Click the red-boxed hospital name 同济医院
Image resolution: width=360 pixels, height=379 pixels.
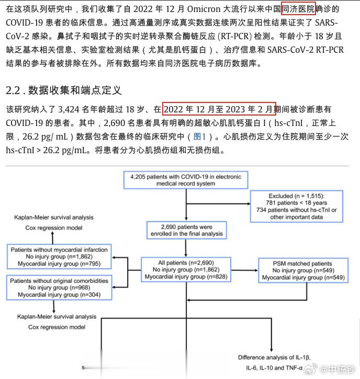coord(298,9)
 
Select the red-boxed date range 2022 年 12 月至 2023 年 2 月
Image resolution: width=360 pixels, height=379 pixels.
coord(219,109)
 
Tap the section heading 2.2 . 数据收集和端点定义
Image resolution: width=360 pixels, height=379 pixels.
coord(64,90)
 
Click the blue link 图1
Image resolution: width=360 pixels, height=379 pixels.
coord(199,136)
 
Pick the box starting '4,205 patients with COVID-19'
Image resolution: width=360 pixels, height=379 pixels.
coord(186,180)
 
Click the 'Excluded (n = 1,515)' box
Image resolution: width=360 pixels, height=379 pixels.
coord(297,206)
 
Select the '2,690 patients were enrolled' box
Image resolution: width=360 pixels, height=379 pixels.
coord(187,230)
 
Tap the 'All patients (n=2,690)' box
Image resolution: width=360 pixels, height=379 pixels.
coord(186,270)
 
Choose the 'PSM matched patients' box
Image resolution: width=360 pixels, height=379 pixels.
coord(303,270)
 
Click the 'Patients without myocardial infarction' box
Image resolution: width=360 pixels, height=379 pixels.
coord(59,257)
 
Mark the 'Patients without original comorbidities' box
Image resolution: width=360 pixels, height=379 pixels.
coord(59,288)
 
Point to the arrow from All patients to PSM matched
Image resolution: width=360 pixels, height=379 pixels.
coord(244,270)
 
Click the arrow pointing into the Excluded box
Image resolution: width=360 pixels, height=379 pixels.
coord(218,204)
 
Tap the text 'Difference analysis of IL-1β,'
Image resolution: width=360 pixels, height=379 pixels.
coord(274,358)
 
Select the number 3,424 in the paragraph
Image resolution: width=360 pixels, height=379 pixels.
coord(69,109)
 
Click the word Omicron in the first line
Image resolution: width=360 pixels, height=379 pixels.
coord(204,9)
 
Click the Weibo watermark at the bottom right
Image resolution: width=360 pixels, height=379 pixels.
coord(330,369)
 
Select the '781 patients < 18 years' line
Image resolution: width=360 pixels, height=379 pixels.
coord(296,203)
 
